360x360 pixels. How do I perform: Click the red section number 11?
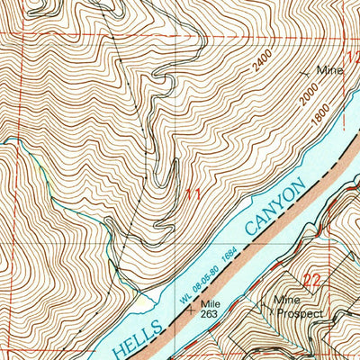click(x=192, y=194)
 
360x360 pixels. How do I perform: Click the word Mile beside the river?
click(x=211, y=304)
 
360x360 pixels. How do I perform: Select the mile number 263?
click(x=211, y=315)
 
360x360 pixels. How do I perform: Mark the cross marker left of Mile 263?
click(x=190, y=308)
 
